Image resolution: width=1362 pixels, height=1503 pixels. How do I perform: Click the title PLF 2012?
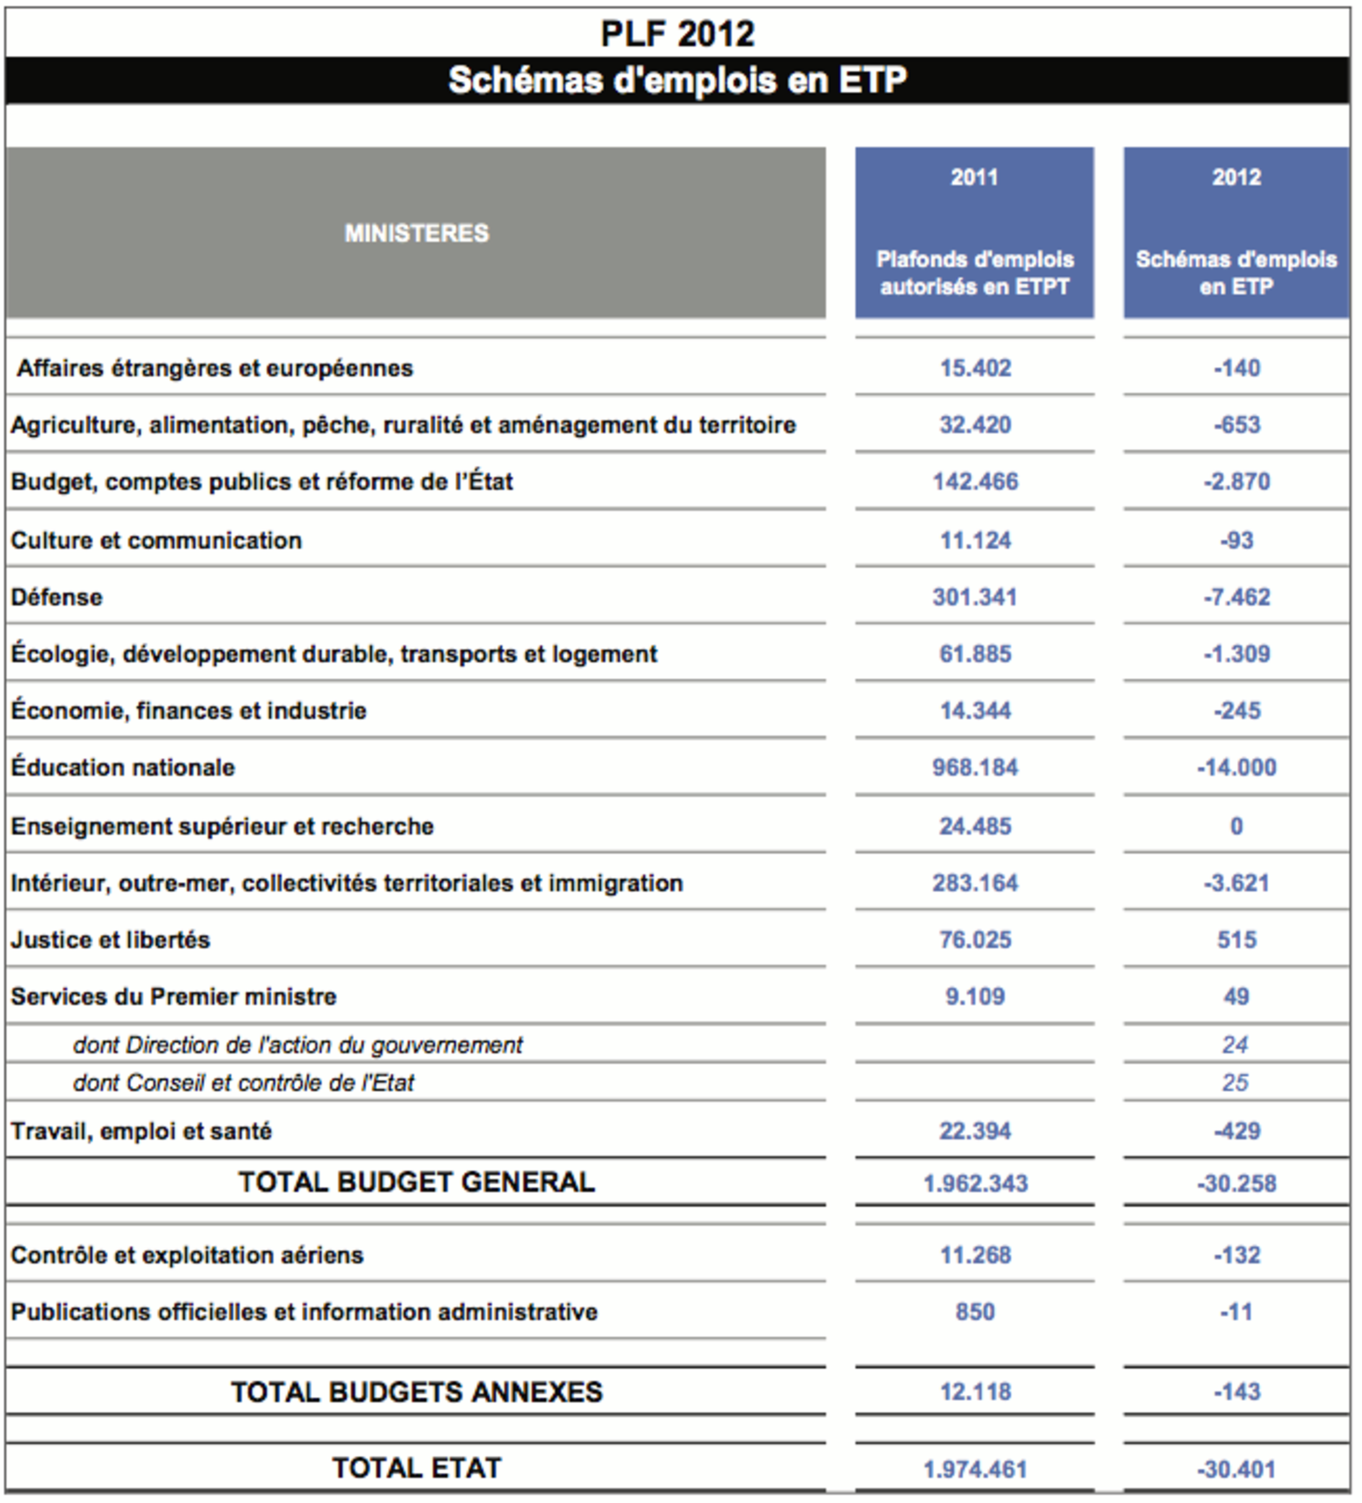point(677,34)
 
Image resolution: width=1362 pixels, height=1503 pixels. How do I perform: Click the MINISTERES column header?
point(416,233)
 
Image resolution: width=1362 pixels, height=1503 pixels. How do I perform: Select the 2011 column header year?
point(974,178)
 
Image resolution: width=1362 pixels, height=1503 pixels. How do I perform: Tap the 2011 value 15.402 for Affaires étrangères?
point(975,368)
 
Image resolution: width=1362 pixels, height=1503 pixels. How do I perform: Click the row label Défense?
point(57,597)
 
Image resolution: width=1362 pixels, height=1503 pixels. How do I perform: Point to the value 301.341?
point(974,597)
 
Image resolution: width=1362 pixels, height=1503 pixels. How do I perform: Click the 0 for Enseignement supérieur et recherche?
point(1236,826)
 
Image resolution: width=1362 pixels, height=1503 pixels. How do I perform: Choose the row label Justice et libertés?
point(110,940)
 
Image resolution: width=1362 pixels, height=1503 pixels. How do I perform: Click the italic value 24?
point(1235,1045)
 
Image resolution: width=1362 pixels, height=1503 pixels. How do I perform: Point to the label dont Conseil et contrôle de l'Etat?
point(243,1083)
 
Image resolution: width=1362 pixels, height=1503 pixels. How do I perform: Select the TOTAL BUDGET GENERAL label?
point(416,1182)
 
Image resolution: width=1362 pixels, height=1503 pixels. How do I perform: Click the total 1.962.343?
point(975,1183)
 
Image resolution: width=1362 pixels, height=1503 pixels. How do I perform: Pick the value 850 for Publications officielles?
point(975,1312)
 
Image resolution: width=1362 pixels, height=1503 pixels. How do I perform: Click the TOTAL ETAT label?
point(416,1468)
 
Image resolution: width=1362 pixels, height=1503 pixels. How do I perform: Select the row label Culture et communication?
point(156,541)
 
